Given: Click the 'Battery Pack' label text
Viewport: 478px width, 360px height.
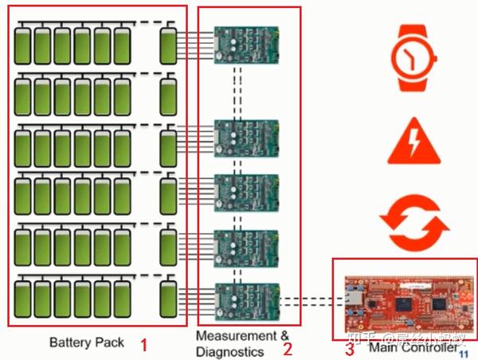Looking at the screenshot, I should [x=87, y=343].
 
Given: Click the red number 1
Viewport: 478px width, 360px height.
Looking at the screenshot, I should [x=143, y=346].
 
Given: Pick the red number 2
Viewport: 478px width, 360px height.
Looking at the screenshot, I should [x=288, y=348].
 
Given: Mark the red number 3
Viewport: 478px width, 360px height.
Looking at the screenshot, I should [x=349, y=348].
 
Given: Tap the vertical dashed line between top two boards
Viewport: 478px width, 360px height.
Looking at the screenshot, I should [x=237, y=88].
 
